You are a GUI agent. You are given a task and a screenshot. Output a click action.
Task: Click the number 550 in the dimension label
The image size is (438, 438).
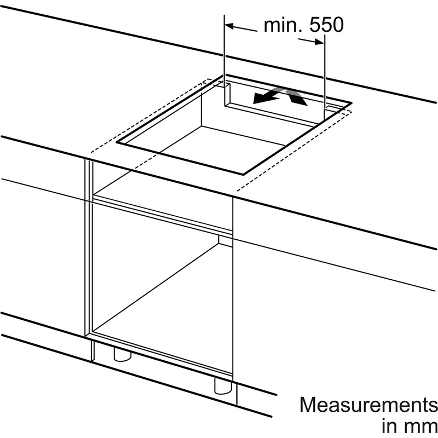click(x=326, y=25)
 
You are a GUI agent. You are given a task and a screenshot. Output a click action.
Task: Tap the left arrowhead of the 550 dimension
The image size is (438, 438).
click(x=229, y=26)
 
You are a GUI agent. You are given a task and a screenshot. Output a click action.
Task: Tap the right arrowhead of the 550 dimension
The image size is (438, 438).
click(x=319, y=42)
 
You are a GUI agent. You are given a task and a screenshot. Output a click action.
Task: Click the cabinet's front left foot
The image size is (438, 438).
click(x=122, y=354)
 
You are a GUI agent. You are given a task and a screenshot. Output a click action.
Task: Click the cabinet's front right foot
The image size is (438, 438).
click(x=223, y=385)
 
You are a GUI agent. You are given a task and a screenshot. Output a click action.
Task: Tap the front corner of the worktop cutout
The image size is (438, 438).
click(x=243, y=175)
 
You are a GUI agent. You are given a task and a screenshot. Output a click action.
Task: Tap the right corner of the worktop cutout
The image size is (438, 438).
click(x=351, y=103)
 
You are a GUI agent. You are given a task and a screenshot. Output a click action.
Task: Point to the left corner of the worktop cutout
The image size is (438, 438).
click(x=117, y=142)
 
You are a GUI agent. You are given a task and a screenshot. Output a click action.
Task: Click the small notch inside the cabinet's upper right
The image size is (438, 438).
click(x=226, y=241)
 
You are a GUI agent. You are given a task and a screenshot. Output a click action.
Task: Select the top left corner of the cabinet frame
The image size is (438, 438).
click(x=85, y=160)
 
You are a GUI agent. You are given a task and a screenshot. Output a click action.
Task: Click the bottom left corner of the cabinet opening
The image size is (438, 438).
click(x=93, y=332)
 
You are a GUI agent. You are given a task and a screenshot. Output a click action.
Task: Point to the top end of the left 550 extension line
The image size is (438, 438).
click(x=224, y=15)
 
